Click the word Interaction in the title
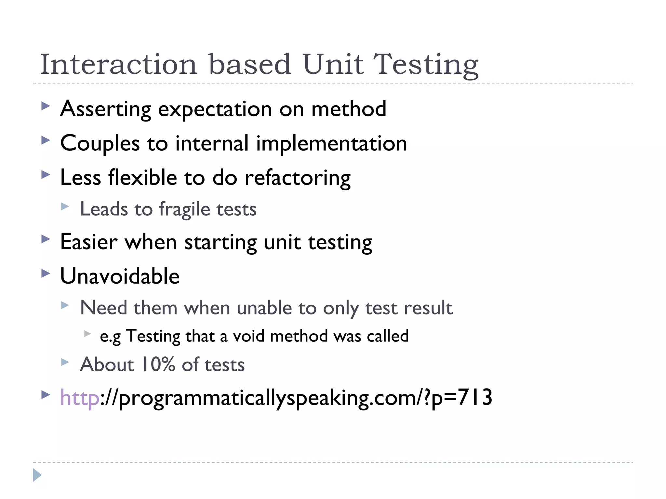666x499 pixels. pyautogui.click(x=119, y=64)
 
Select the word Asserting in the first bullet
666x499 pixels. pyautogui.click(x=106, y=109)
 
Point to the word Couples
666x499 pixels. pyautogui.click(x=100, y=144)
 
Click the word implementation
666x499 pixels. pyautogui.click(x=331, y=144)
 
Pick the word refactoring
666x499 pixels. pyautogui.click(x=298, y=178)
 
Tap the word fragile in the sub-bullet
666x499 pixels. pyautogui.click(x=185, y=209)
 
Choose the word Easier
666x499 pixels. pyautogui.click(x=89, y=242)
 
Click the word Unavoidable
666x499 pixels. pyautogui.click(x=120, y=276)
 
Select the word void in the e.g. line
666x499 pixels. pyautogui.click(x=249, y=336)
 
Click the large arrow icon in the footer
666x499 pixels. pyautogui.click(x=37, y=475)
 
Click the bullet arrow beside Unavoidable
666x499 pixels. pyautogui.click(x=46, y=273)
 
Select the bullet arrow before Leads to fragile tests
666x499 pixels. pyautogui.click(x=65, y=206)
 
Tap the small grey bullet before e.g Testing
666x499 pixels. pyautogui.click(x=87, y=333)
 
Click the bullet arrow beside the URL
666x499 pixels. pyautogui.click(x=46, y=395)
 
